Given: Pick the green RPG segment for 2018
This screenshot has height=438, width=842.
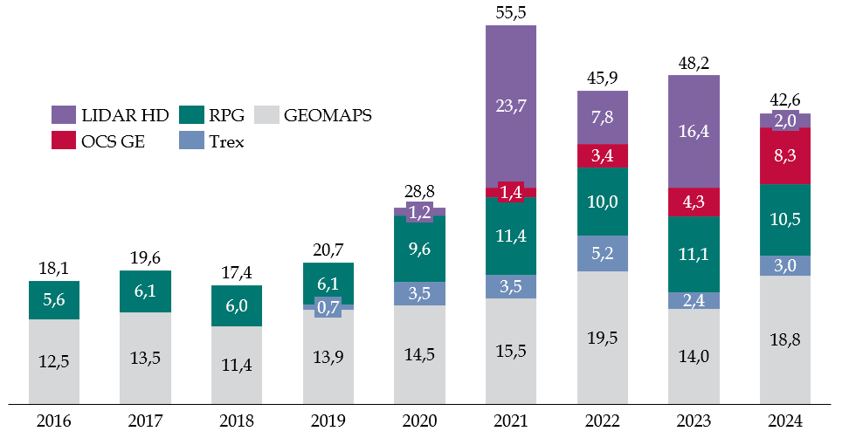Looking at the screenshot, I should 237,305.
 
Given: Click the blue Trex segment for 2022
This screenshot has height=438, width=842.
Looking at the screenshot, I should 603,254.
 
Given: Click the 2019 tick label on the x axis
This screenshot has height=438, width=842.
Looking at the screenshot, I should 328,422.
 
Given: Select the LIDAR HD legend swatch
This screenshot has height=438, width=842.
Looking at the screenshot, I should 65,114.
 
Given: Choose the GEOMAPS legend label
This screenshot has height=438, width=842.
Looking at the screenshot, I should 328,114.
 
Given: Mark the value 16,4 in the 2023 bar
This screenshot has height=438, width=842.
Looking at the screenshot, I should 694,131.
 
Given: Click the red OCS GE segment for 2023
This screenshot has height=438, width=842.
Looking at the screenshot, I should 694,202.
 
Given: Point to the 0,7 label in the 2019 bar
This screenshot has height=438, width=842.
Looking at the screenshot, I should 328,306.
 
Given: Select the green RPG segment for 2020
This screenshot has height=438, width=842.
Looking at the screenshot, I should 420,249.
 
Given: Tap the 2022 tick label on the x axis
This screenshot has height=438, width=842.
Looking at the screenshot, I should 603,422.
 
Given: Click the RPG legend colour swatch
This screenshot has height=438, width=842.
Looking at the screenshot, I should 191,114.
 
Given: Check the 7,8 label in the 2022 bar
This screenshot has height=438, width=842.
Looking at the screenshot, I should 603,118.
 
